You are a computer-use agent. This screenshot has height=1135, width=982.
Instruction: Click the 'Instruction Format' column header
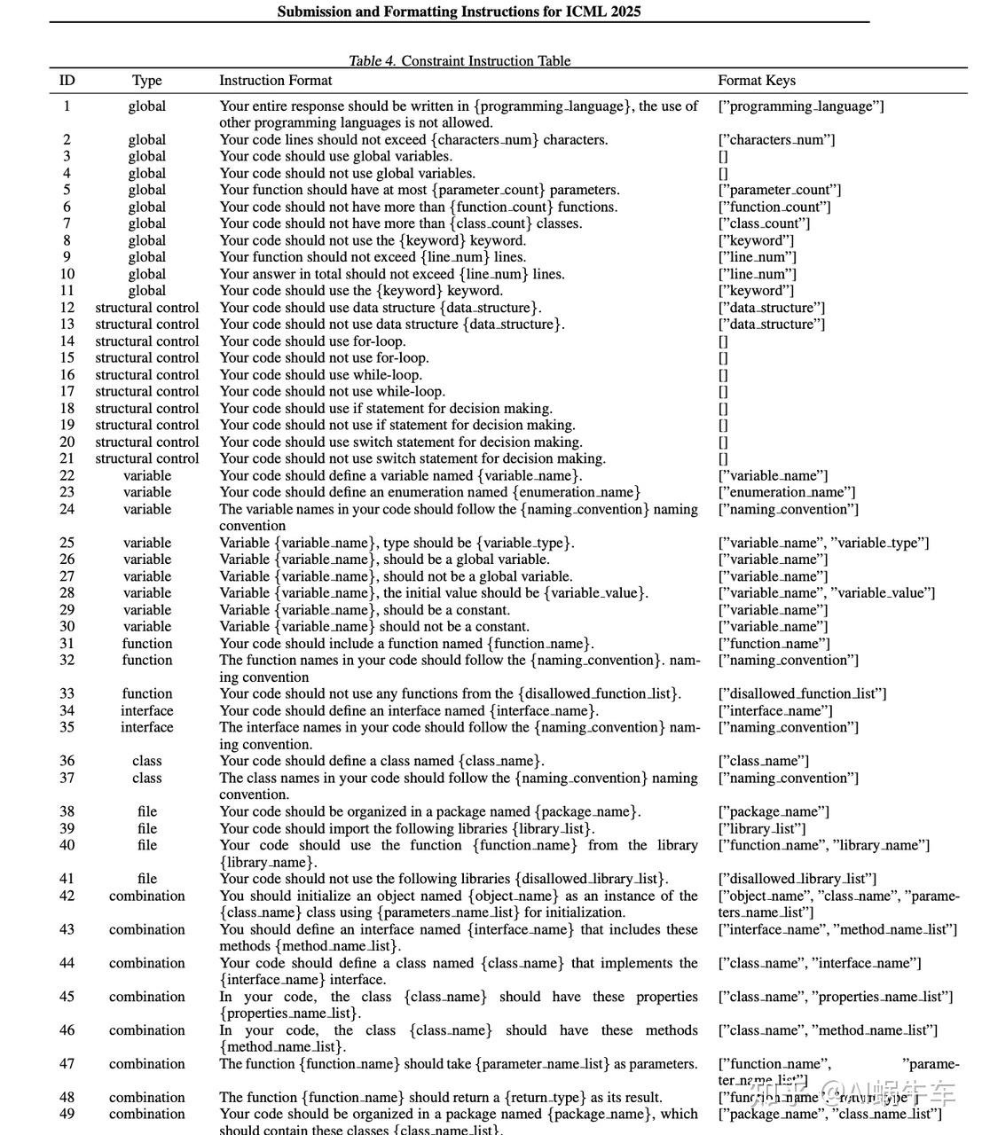point(275,81)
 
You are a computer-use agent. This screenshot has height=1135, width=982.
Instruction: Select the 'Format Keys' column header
point(756,81)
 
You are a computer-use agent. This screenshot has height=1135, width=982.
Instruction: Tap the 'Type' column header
point(146,81)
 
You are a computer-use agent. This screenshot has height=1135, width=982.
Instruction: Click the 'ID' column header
point(67,81)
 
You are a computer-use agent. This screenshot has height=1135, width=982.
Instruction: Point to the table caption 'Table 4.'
point(372,61)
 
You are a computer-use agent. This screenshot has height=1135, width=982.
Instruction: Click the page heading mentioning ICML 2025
point(459,12)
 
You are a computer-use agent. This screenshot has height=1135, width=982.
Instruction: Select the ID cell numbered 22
point(67,476)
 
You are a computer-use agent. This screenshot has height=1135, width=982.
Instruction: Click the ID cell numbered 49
point(67,1115)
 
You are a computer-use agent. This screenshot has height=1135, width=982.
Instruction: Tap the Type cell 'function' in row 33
point(146,694)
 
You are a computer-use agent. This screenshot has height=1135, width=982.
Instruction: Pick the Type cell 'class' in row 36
point(146,762)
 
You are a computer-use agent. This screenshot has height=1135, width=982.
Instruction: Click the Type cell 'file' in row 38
point(146,812)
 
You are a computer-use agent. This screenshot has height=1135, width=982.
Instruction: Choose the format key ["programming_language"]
point(800,106)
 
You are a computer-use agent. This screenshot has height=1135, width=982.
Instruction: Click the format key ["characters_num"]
point(776,140)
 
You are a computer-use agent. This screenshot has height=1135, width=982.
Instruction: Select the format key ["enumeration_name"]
point(787,493)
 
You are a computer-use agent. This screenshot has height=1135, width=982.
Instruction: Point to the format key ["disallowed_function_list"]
point(802,694)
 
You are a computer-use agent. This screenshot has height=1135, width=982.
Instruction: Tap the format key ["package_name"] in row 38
point(774,812)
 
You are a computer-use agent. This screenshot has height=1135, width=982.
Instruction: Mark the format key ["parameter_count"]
point(779,191)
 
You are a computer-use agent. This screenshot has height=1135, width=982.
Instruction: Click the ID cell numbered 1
point(67,106)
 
